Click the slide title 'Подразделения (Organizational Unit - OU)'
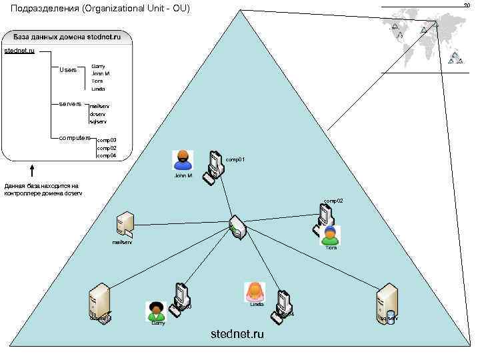click(x=101, y=9)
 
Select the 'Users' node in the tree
click(x=68, y=69)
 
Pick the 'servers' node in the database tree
click(x=70, y=104)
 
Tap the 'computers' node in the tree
click(x=75, y=137)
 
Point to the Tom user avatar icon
click(x=330, y=235)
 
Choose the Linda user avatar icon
click(x=255, y=291)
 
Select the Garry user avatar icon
click(x=156, y=311)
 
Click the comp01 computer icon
click(x=214, y=165)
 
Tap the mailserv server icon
click(x=125, y=224)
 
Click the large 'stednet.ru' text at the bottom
click(x=237, y=333)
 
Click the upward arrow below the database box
click(x=31, y=172)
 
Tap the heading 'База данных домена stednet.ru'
click(x=67, y=37)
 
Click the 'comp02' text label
click(x=333, y=201)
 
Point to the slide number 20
click(x=467, y=5)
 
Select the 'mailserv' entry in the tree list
click(x=99, y=106)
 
